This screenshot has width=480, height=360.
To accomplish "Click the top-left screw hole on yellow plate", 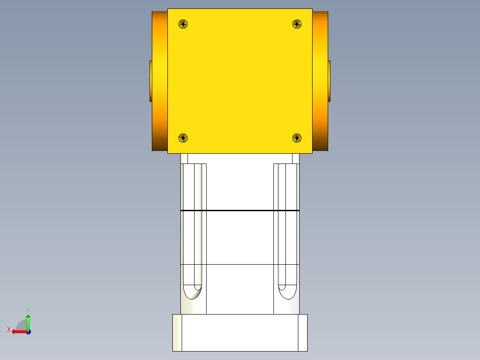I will point(183,24).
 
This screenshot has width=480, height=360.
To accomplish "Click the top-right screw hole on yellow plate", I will point(297,24).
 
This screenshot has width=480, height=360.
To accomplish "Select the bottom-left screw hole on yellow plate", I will point(183,138).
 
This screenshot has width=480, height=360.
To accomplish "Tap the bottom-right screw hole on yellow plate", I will point(297,138).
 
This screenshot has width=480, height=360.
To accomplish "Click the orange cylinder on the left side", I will point(159,80).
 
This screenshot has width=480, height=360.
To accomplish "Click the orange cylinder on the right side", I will point(320,80).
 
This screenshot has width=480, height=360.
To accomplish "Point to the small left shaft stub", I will point(151,81).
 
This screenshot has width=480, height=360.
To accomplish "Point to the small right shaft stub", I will point(329,81).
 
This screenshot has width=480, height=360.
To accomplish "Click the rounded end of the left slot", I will point(193,292).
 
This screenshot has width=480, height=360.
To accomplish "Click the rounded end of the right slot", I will point(287,292).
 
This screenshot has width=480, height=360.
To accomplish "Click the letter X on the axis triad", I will point(9,329).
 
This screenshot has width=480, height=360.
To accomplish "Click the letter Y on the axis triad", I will point(28,309).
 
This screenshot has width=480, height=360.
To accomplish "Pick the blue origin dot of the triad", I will point(28,331).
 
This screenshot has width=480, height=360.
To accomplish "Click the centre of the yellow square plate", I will point(240,81).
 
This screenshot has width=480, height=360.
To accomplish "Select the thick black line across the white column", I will point(240,210).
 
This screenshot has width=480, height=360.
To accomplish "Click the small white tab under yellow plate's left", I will point(184,158).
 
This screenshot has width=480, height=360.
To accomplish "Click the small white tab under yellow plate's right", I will point(296,158).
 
